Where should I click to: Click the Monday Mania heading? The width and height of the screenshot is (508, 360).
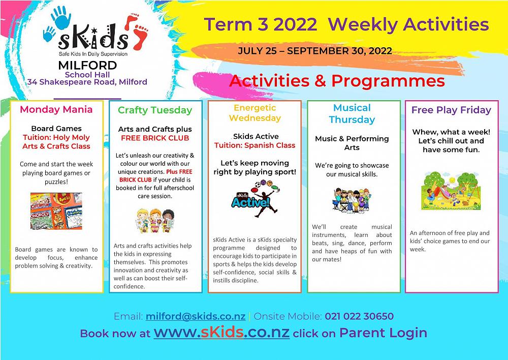pos(56,109)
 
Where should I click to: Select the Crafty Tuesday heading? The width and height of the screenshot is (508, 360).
pos(155,110)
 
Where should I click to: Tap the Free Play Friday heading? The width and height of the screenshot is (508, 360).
pos(451,110)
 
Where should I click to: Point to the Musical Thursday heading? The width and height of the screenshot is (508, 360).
pos(352,113)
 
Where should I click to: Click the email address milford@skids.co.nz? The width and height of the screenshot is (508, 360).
pos(196,316)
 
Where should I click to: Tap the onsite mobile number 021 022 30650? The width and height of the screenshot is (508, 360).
pos(359,316)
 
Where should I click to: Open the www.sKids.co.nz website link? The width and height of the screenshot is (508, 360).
pos(221,333)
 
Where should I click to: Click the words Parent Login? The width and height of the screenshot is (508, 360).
pos(383,333)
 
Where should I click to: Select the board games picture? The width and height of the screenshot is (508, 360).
pos(56,211)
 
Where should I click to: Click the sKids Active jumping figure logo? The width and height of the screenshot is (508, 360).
pos(256,198)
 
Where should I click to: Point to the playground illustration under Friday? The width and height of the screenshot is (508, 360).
pos(451,191)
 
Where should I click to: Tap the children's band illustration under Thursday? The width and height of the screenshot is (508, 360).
pos(352,200)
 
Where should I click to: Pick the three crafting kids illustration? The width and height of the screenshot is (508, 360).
pos(155,221)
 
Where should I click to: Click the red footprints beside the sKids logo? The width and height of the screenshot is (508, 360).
pos(136,32)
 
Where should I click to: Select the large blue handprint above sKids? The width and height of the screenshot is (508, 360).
pos(61,17)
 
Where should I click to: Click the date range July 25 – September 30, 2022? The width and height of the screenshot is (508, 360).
pos(315,51)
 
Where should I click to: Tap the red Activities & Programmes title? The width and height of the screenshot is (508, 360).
pos(337,81)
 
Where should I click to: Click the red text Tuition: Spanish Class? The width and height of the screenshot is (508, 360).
pos(255,145)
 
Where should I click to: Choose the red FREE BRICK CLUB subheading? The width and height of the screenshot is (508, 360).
pos(155,138)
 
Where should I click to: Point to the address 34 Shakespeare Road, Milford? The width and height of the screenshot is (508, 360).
pos(87,82)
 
